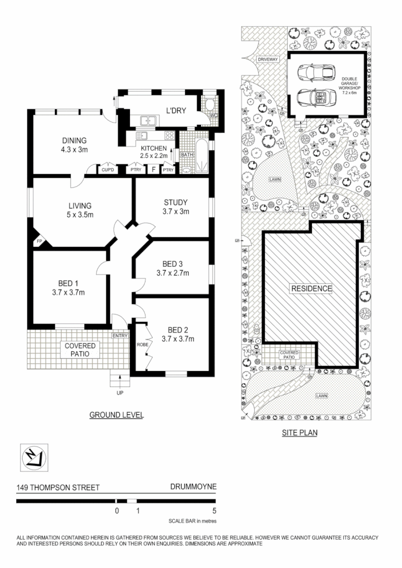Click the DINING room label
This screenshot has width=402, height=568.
pos(74,141)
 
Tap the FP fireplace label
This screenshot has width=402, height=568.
pos(39,242)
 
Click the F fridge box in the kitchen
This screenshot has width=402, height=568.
pos(153,170)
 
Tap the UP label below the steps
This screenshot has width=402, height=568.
pos(119,393)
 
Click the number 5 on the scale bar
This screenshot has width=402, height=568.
pos(214,510)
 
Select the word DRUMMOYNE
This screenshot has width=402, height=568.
pos(193,488)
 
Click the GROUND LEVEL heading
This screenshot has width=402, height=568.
pos(117,414)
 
